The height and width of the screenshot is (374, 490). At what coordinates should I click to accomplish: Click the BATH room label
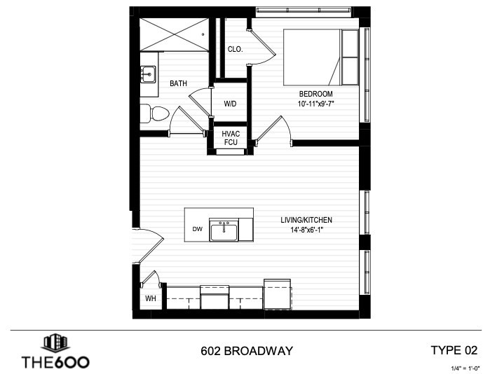(x=179, y=83)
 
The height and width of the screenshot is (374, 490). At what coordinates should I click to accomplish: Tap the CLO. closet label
(x=235, y=49)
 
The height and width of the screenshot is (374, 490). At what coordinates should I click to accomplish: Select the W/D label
(x=230, y=104)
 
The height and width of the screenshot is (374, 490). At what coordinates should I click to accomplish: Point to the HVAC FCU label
(x=231, y=138)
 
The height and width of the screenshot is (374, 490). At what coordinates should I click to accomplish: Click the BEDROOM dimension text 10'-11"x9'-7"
(x=315, y=104)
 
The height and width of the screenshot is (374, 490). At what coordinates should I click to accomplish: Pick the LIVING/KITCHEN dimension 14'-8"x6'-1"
(x=306, y=230)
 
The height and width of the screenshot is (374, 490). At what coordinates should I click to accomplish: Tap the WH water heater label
(x=150, y=298)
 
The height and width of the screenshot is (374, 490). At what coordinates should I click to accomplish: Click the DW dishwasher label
(x=197, y=229)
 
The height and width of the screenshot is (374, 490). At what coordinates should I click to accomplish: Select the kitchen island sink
(x=224, y=230)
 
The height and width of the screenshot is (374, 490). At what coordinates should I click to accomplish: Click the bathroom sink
(x=148, y=74)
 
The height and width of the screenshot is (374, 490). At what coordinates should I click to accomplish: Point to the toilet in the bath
(x=154, y=113)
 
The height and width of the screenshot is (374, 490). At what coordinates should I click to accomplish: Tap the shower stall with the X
(x=174, y=34)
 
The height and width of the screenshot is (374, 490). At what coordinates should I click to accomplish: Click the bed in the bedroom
(x=321, y=57)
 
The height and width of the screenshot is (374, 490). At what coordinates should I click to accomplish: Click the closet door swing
(x=261, y=47)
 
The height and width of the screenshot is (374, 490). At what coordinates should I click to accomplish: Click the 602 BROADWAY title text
(x=247, y=351)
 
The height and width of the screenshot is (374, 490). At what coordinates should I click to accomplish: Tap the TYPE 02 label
(x=454, y=350)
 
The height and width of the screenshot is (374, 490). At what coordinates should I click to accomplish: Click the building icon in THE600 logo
(x=55, y=342)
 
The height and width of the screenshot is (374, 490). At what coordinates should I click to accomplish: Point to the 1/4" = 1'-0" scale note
(x=465, y=368)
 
